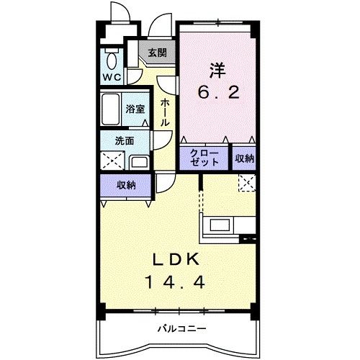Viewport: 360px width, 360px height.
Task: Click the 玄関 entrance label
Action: click(157, 53)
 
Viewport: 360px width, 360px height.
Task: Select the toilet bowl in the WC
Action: click(112, 58)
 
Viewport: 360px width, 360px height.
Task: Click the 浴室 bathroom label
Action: click(135, 109)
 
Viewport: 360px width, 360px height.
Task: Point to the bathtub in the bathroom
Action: click(111, 110)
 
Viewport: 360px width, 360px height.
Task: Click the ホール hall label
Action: click(165, 112)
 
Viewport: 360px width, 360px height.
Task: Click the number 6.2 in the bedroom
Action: click(217, 92)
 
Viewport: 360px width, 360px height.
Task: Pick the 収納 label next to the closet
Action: click(243, 158)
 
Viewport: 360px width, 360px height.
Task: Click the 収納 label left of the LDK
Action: click(126, 185)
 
